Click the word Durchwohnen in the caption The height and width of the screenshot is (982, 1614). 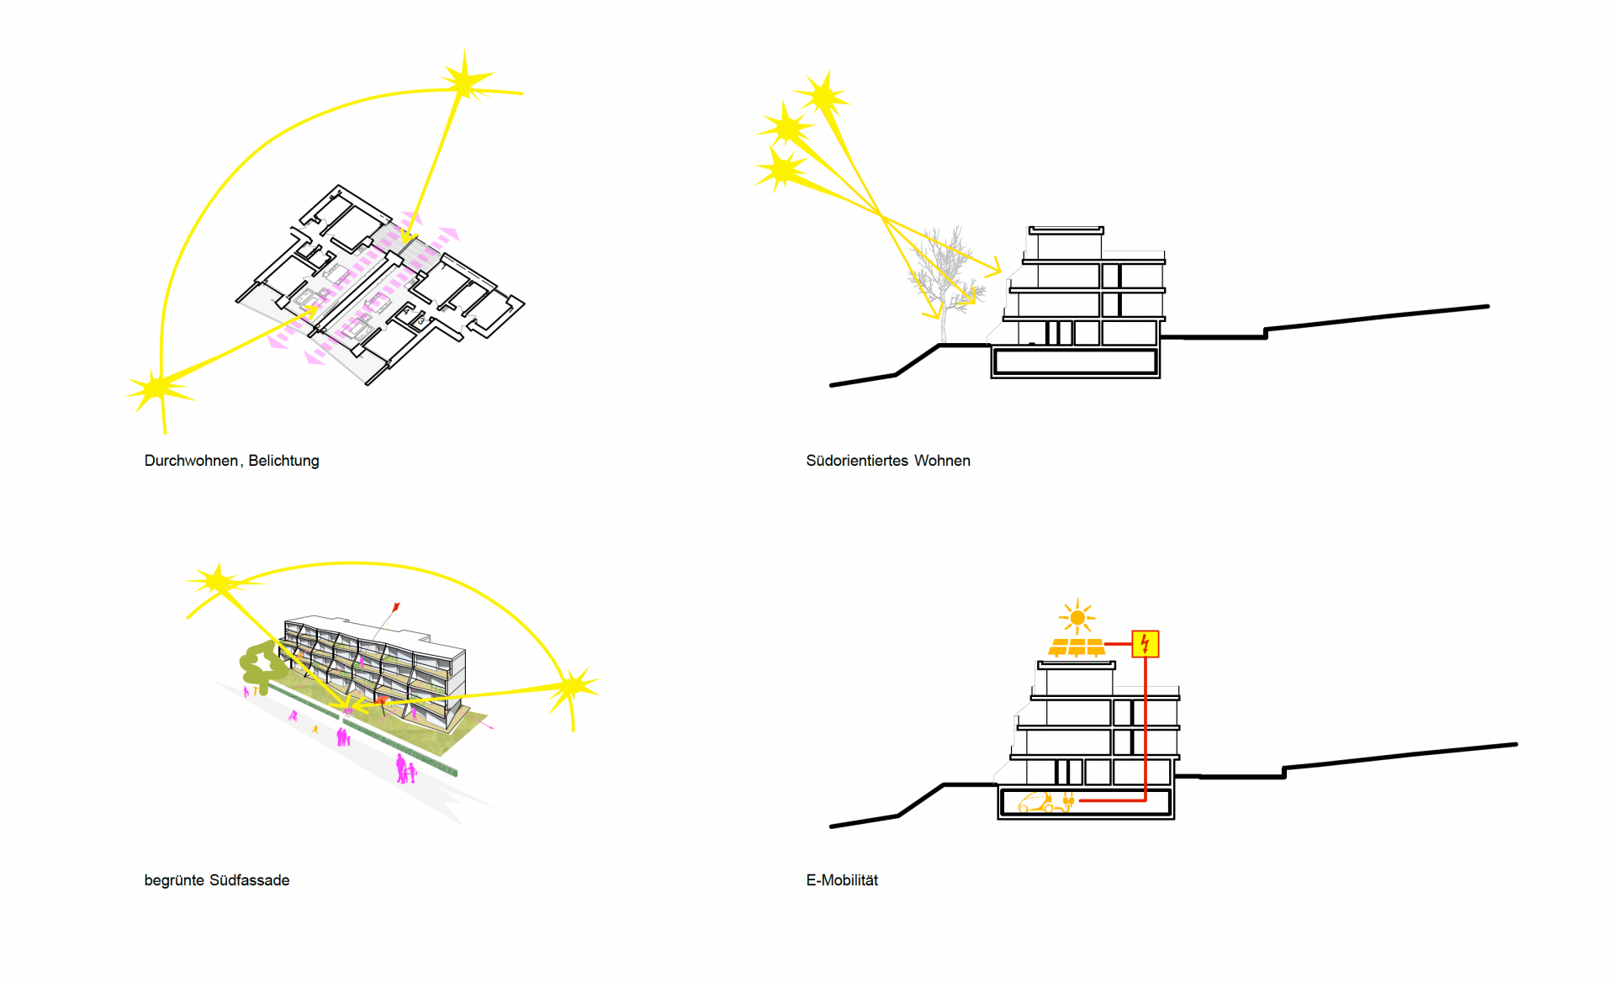coord(191,461)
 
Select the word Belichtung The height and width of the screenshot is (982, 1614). coord(283,461)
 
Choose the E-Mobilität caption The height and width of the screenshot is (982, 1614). coord(842,880)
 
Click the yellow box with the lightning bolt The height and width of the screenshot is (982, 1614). coord(1145,644)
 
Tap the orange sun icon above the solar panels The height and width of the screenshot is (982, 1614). coord(1077,618)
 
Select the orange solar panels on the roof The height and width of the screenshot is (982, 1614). coord(1077,647)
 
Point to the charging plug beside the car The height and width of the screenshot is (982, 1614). coord(1068,801)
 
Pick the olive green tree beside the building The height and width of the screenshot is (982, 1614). coord(262,664)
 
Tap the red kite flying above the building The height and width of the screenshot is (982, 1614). coord(395,606)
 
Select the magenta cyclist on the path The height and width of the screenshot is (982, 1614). coord(293,716)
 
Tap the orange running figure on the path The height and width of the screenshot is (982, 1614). coord(315,729)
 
